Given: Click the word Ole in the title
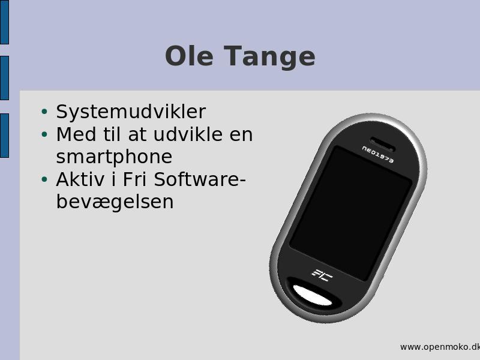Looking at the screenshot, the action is (x=189, y=56).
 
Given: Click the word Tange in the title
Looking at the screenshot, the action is (x=269, y=57).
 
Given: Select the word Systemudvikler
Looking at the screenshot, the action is (x=131, y=112).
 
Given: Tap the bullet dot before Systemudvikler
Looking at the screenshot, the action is (x=44, y=112).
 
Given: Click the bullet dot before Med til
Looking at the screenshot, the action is (x=44, y=134).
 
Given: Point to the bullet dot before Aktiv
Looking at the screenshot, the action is (x=44, y=179).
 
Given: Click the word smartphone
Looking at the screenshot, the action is (x=114, y=157).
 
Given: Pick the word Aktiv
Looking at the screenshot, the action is (x=80, y=179).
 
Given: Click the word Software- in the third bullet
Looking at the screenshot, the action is (x=200, y=179).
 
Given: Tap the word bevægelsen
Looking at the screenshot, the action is (x=115, y=202).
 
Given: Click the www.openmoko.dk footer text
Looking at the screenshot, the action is (x=440, y=347).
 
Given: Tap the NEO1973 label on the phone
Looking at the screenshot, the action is (x=378, y=154).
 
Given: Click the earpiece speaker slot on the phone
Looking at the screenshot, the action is (x=382, y=144).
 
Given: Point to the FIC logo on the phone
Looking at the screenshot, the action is (x=322, y=275).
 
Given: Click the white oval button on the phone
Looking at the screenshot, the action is (x=312, y=295).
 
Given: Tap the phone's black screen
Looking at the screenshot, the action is (x=351, y=214).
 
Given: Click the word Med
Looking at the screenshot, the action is (x=76, y=134).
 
